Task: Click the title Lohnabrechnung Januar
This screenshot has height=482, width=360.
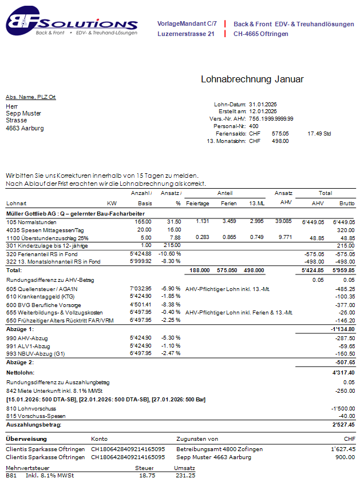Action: (252, 79)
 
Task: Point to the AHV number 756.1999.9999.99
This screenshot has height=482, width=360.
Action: (271, 119)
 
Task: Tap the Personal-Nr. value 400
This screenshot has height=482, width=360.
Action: (254, 126)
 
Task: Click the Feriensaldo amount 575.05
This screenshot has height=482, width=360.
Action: (280, 133)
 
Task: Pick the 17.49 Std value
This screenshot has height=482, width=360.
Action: (319, 133)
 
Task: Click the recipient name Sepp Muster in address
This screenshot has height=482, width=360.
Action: (23, 113)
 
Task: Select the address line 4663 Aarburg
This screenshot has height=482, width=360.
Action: (25, 128)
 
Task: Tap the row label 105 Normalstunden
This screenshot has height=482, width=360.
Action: (30, 221)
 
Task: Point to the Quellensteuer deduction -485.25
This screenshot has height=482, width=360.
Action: (344, 289)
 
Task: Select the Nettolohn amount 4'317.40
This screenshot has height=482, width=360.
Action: (343, 372)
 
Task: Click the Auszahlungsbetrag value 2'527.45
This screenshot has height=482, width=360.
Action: (342, 425)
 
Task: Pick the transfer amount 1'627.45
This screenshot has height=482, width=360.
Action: (343, 449)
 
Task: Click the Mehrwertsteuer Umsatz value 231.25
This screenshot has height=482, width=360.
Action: (185, 475)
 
